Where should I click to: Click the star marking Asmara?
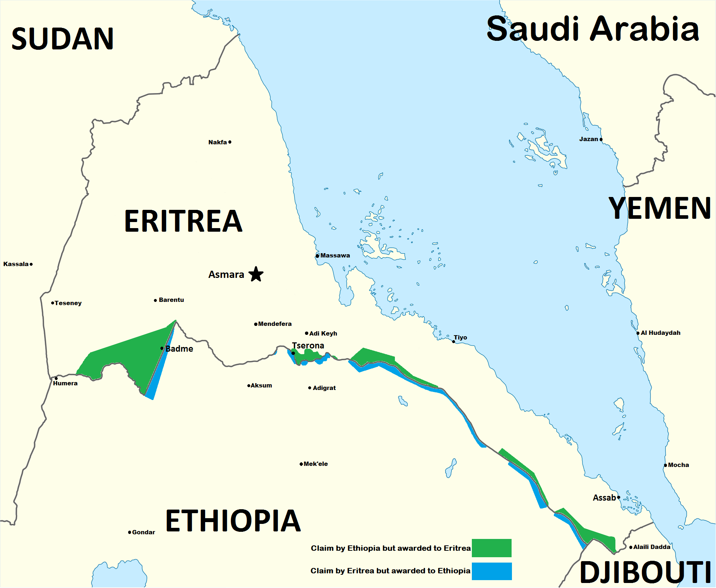point(256,274)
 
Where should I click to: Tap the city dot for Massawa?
point(318,256)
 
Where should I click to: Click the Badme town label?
point(179,349)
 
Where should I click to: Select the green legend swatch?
point(492,548)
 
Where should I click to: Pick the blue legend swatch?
point(492,571)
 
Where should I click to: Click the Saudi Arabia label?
point(592,29)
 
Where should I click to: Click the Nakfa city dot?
point(230,142)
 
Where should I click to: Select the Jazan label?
point(589,139)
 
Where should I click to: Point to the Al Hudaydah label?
point(661,333)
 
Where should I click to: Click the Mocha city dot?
point(666,466)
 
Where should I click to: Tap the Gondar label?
point(144,532)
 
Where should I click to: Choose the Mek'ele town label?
point(315,464)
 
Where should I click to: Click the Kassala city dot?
point(31,264)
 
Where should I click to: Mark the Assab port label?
point(604,498)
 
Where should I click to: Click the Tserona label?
point(308,346)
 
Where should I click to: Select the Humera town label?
point(65,384)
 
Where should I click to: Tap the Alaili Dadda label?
point(652,547)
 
